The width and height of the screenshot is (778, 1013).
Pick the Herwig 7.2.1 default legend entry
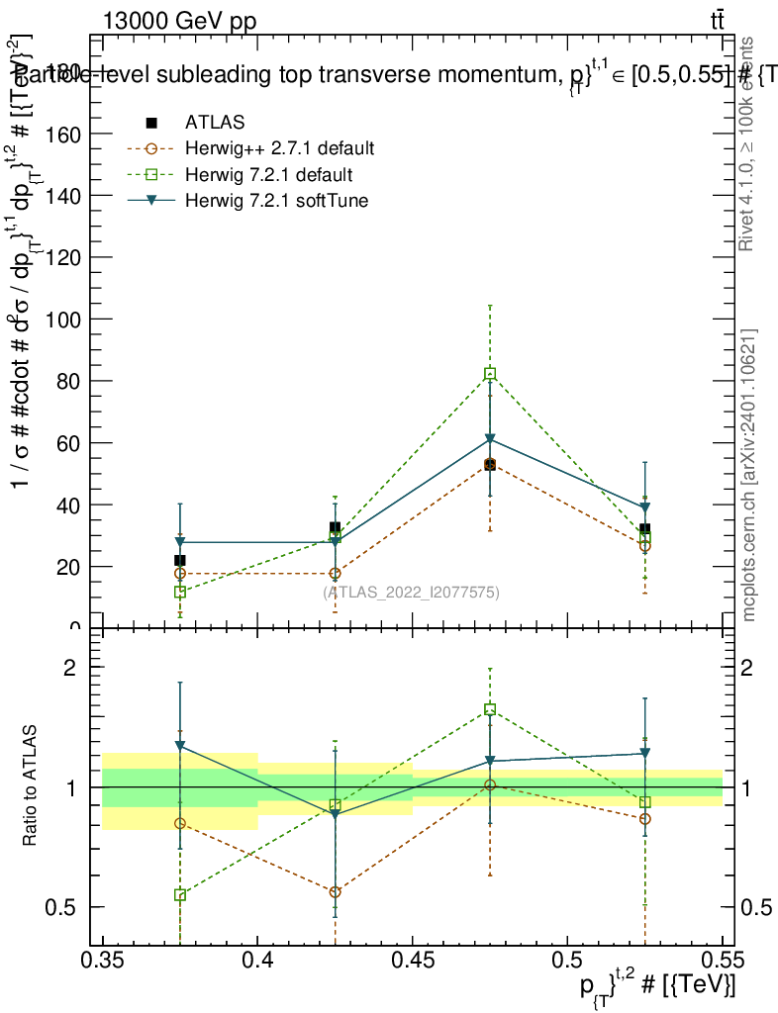[268, 175]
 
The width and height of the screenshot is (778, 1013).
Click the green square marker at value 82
[490, 374]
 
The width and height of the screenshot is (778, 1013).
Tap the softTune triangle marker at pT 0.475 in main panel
[490, 438]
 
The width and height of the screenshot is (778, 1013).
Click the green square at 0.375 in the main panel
[180, 592]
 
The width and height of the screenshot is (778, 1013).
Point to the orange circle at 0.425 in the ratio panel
[336, 892]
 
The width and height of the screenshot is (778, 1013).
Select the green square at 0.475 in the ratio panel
[490, 709]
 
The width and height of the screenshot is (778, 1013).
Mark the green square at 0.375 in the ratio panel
[180, 895]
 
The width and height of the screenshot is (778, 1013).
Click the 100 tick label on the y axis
[65, 320]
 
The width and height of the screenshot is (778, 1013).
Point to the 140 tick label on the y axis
[65, 196]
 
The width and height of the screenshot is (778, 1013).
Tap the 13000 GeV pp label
[179, 23]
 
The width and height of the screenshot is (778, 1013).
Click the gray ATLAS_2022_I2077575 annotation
[411, 593]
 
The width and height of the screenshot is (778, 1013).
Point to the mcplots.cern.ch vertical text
[749, 475]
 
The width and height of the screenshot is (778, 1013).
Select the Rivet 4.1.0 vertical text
[749, 143]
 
